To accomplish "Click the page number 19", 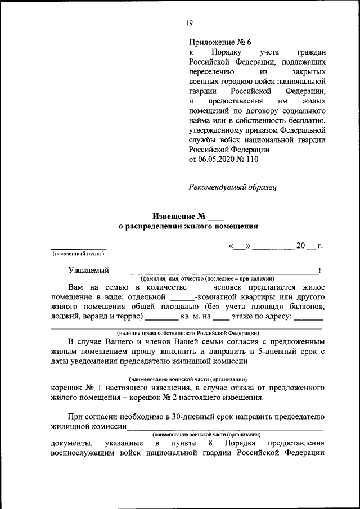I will click(189, 23).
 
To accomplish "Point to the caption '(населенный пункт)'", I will click(79, 254).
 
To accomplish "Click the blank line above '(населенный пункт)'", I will click(79, 248).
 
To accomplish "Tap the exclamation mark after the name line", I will click(319, 271).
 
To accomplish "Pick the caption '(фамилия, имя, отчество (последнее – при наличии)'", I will click(208, 278).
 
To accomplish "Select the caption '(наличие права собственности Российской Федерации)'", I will click(187, 333).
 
